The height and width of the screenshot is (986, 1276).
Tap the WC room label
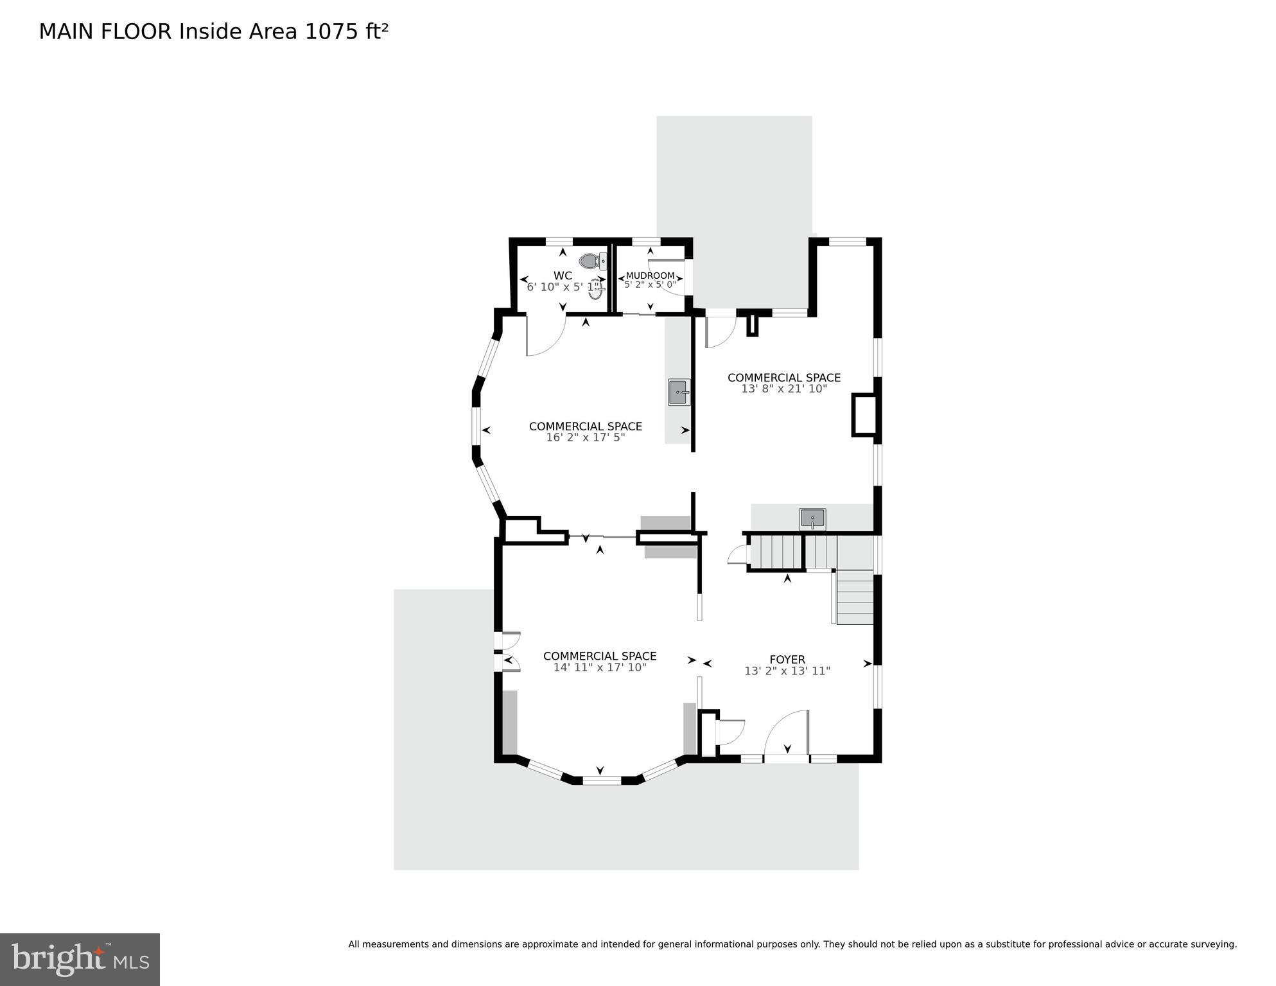coord(563,276)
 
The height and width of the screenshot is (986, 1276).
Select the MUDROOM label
coord(650,276)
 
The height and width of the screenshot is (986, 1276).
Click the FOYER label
coord(787,660)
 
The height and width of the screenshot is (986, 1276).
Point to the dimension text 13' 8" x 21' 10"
coord(784,389)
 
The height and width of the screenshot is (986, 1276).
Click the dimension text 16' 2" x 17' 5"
coord(585,437)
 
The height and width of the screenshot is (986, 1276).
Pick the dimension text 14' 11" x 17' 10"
coord(600,667)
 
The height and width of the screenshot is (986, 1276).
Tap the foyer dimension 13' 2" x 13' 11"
coord(787,671)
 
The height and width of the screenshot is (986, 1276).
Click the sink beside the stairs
coord(812,518)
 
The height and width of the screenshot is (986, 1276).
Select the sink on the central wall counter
coord(679,392)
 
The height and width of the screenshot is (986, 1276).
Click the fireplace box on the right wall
coord(864,416)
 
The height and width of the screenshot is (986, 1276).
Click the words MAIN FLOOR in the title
coord(105,31)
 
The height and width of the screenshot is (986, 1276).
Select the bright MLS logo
coord(80,959)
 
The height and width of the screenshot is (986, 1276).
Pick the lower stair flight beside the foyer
coord(855,597)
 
